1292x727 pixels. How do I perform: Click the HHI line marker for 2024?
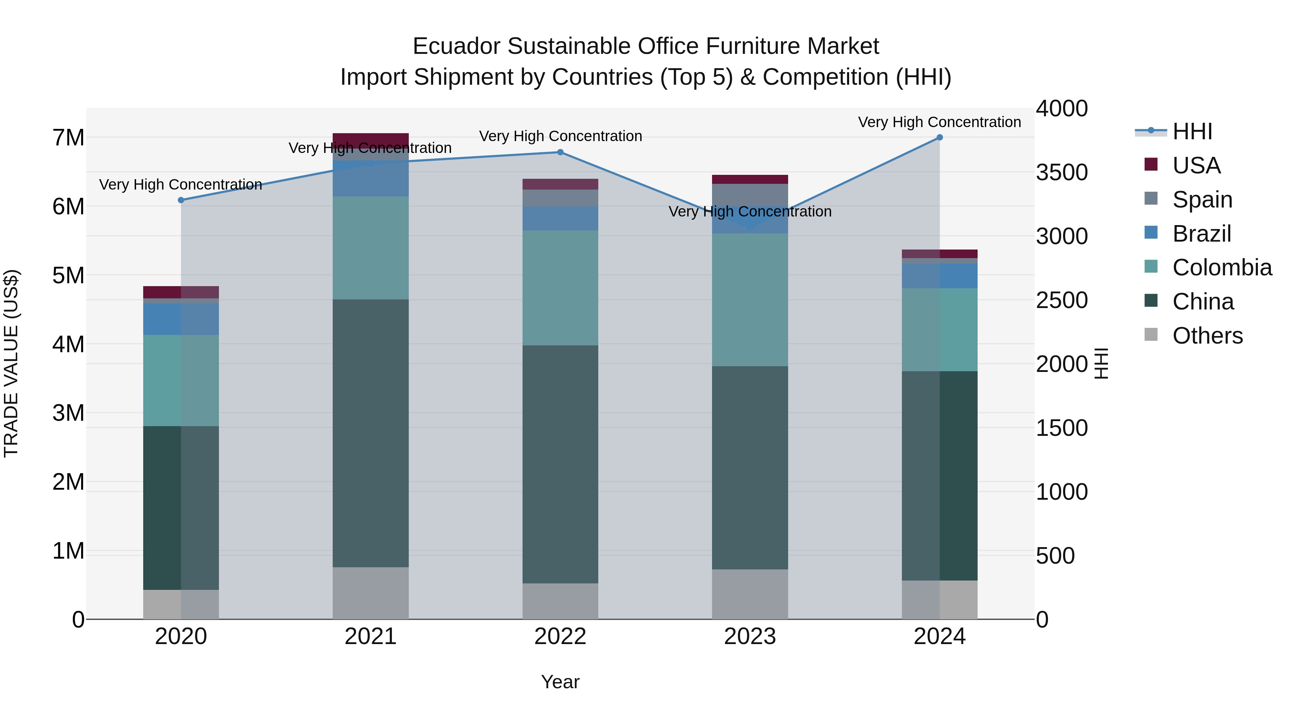click(x=940, y=138)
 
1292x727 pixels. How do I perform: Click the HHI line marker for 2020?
click(x=181, y=200)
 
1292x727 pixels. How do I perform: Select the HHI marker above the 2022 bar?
click(x=560, y=152)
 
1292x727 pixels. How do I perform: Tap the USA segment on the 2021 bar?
click(x=371, y=140)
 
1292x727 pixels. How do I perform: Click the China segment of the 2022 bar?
click(x=560, y=464)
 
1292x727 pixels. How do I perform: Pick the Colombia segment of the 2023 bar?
click(x=750, y=299)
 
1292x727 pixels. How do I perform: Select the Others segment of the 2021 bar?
click(x=371, y=593)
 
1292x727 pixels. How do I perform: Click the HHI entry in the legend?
click(x=1192, y=131)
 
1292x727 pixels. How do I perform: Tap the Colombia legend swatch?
click(x=1151, y=267)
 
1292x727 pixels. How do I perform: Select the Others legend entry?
click(x=1207, y=336)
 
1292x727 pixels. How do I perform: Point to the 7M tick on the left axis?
click(x=69, y=138)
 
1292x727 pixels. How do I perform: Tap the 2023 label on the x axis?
click(x=750, y=637)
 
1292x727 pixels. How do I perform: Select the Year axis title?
click(x=560, y=682)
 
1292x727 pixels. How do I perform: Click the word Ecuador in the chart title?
click(x=457, y=47)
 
